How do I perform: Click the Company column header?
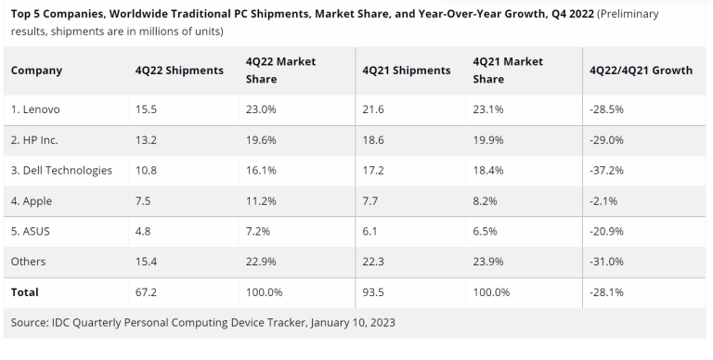tap(36, 71)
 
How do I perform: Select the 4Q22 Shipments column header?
tap(179, 71)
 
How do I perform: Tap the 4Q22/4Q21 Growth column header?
tap(641, 71)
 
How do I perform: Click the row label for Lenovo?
tap(38, 109)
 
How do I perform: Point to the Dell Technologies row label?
tap(61, 170)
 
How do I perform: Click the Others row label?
tap(30, 261)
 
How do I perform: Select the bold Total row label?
tap(25, 291)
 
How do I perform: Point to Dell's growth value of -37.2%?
tap(605, 170)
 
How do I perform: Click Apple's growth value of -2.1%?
tap(603, 200)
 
